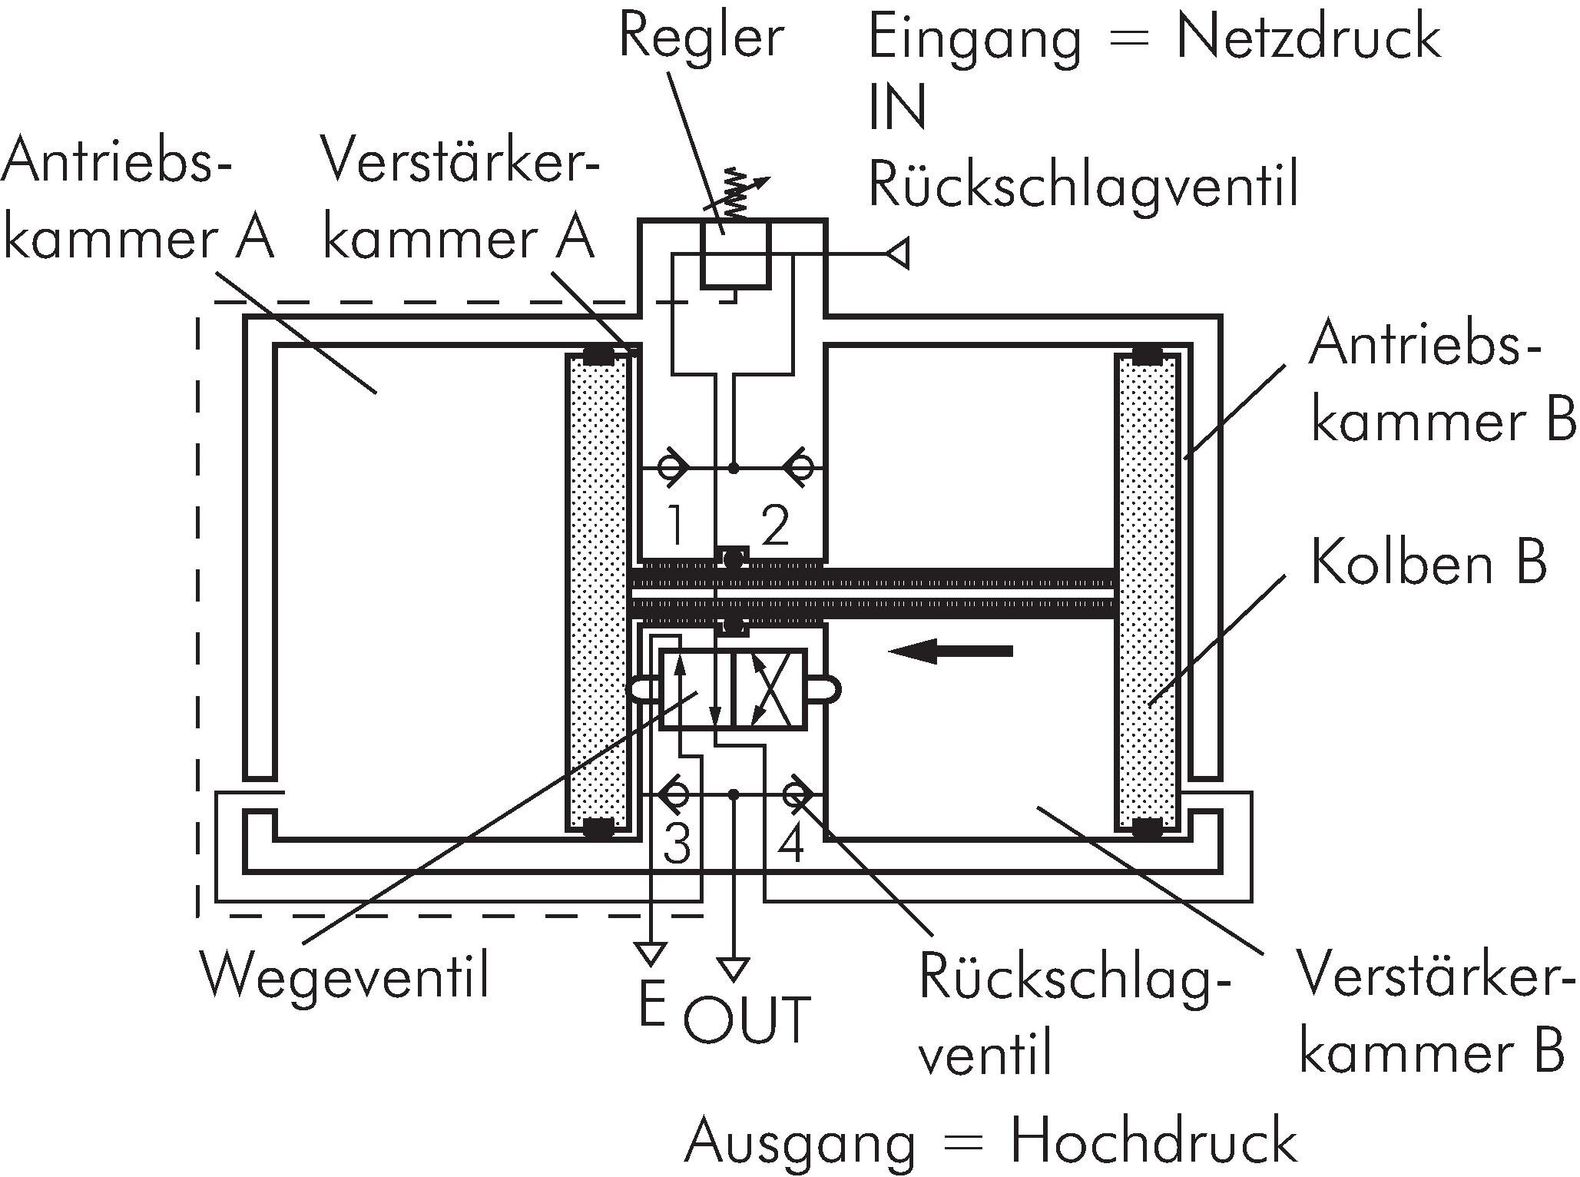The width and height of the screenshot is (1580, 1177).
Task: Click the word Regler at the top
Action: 701,38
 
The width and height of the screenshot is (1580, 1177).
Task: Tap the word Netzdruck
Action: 1307,38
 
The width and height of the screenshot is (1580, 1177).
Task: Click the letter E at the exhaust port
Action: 651,1006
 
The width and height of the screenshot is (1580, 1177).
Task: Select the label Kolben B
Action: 1428,562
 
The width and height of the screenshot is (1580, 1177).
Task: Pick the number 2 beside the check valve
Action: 774,527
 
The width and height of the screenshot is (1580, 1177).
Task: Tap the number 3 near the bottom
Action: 676,844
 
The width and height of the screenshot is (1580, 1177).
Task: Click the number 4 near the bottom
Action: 791,844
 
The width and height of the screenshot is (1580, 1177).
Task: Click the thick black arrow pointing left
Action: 950,651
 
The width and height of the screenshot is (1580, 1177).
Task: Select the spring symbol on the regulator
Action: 736,192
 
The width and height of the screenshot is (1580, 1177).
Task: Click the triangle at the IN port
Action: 899,253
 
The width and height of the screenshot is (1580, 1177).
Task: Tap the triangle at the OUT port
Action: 734,968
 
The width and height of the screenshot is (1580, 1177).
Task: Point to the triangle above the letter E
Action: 651,953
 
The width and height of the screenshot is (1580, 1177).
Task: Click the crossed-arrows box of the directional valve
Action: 769,688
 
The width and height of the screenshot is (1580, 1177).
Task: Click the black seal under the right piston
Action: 1147,827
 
